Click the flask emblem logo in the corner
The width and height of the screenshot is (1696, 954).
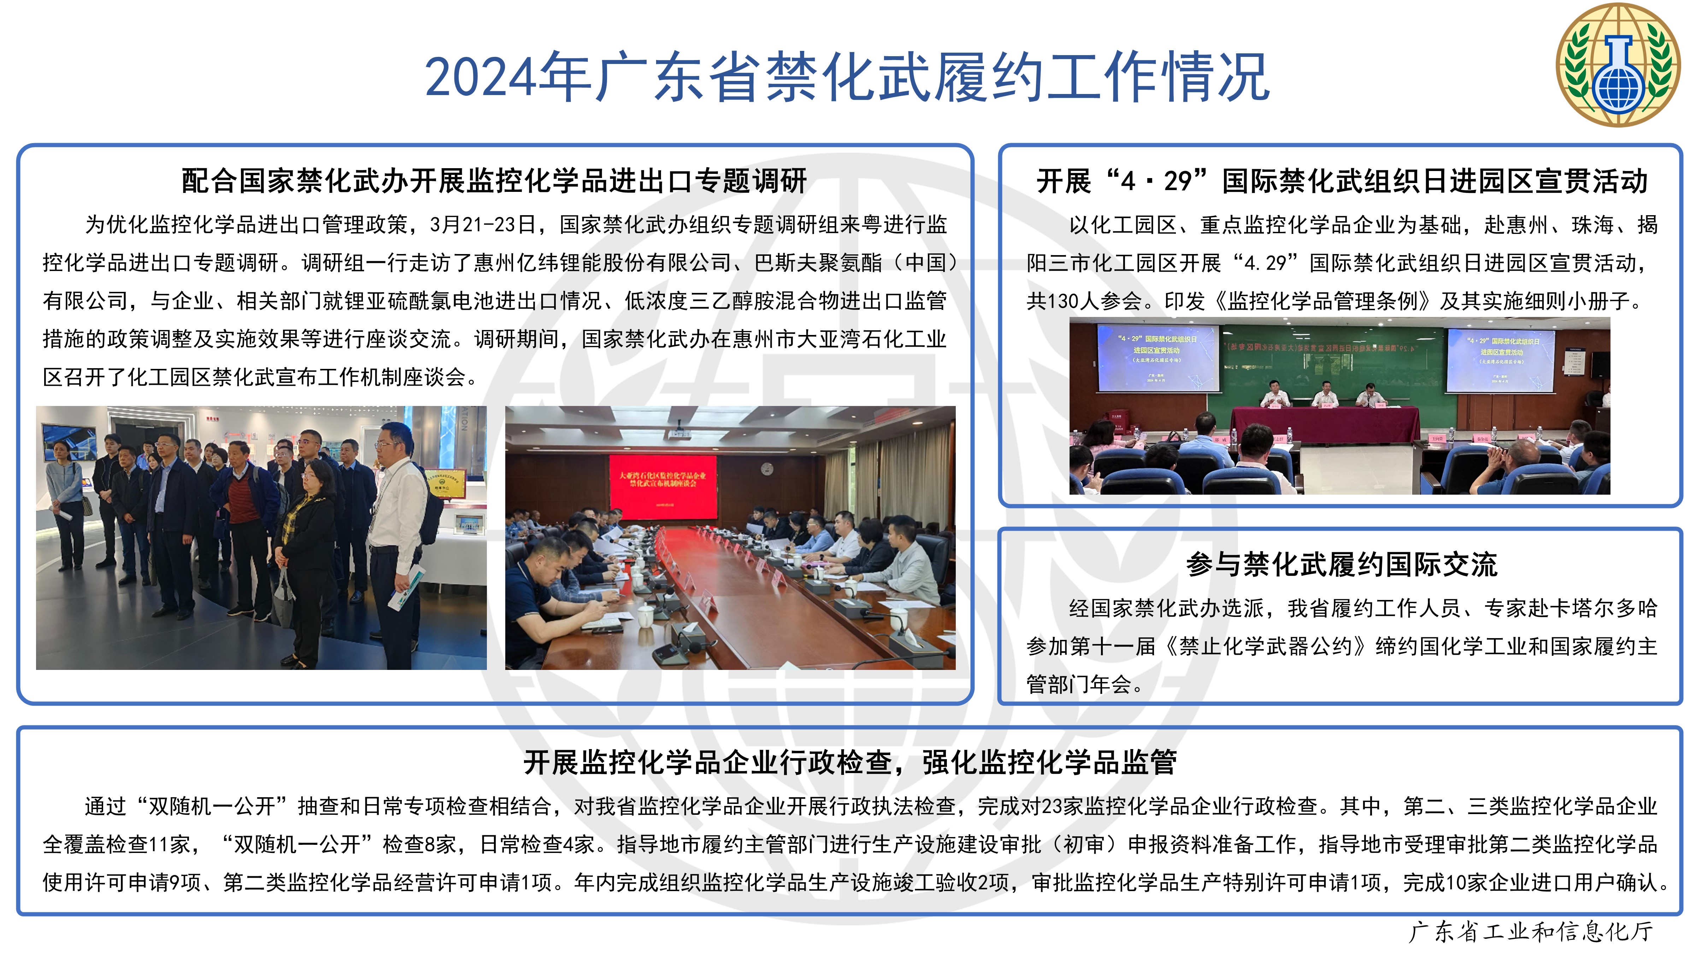1618,65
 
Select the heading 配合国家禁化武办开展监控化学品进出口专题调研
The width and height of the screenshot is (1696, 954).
494,181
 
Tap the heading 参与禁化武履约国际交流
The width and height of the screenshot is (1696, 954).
1341,564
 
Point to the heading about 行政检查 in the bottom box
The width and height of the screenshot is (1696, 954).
850,762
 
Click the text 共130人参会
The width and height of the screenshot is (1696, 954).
1084,301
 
